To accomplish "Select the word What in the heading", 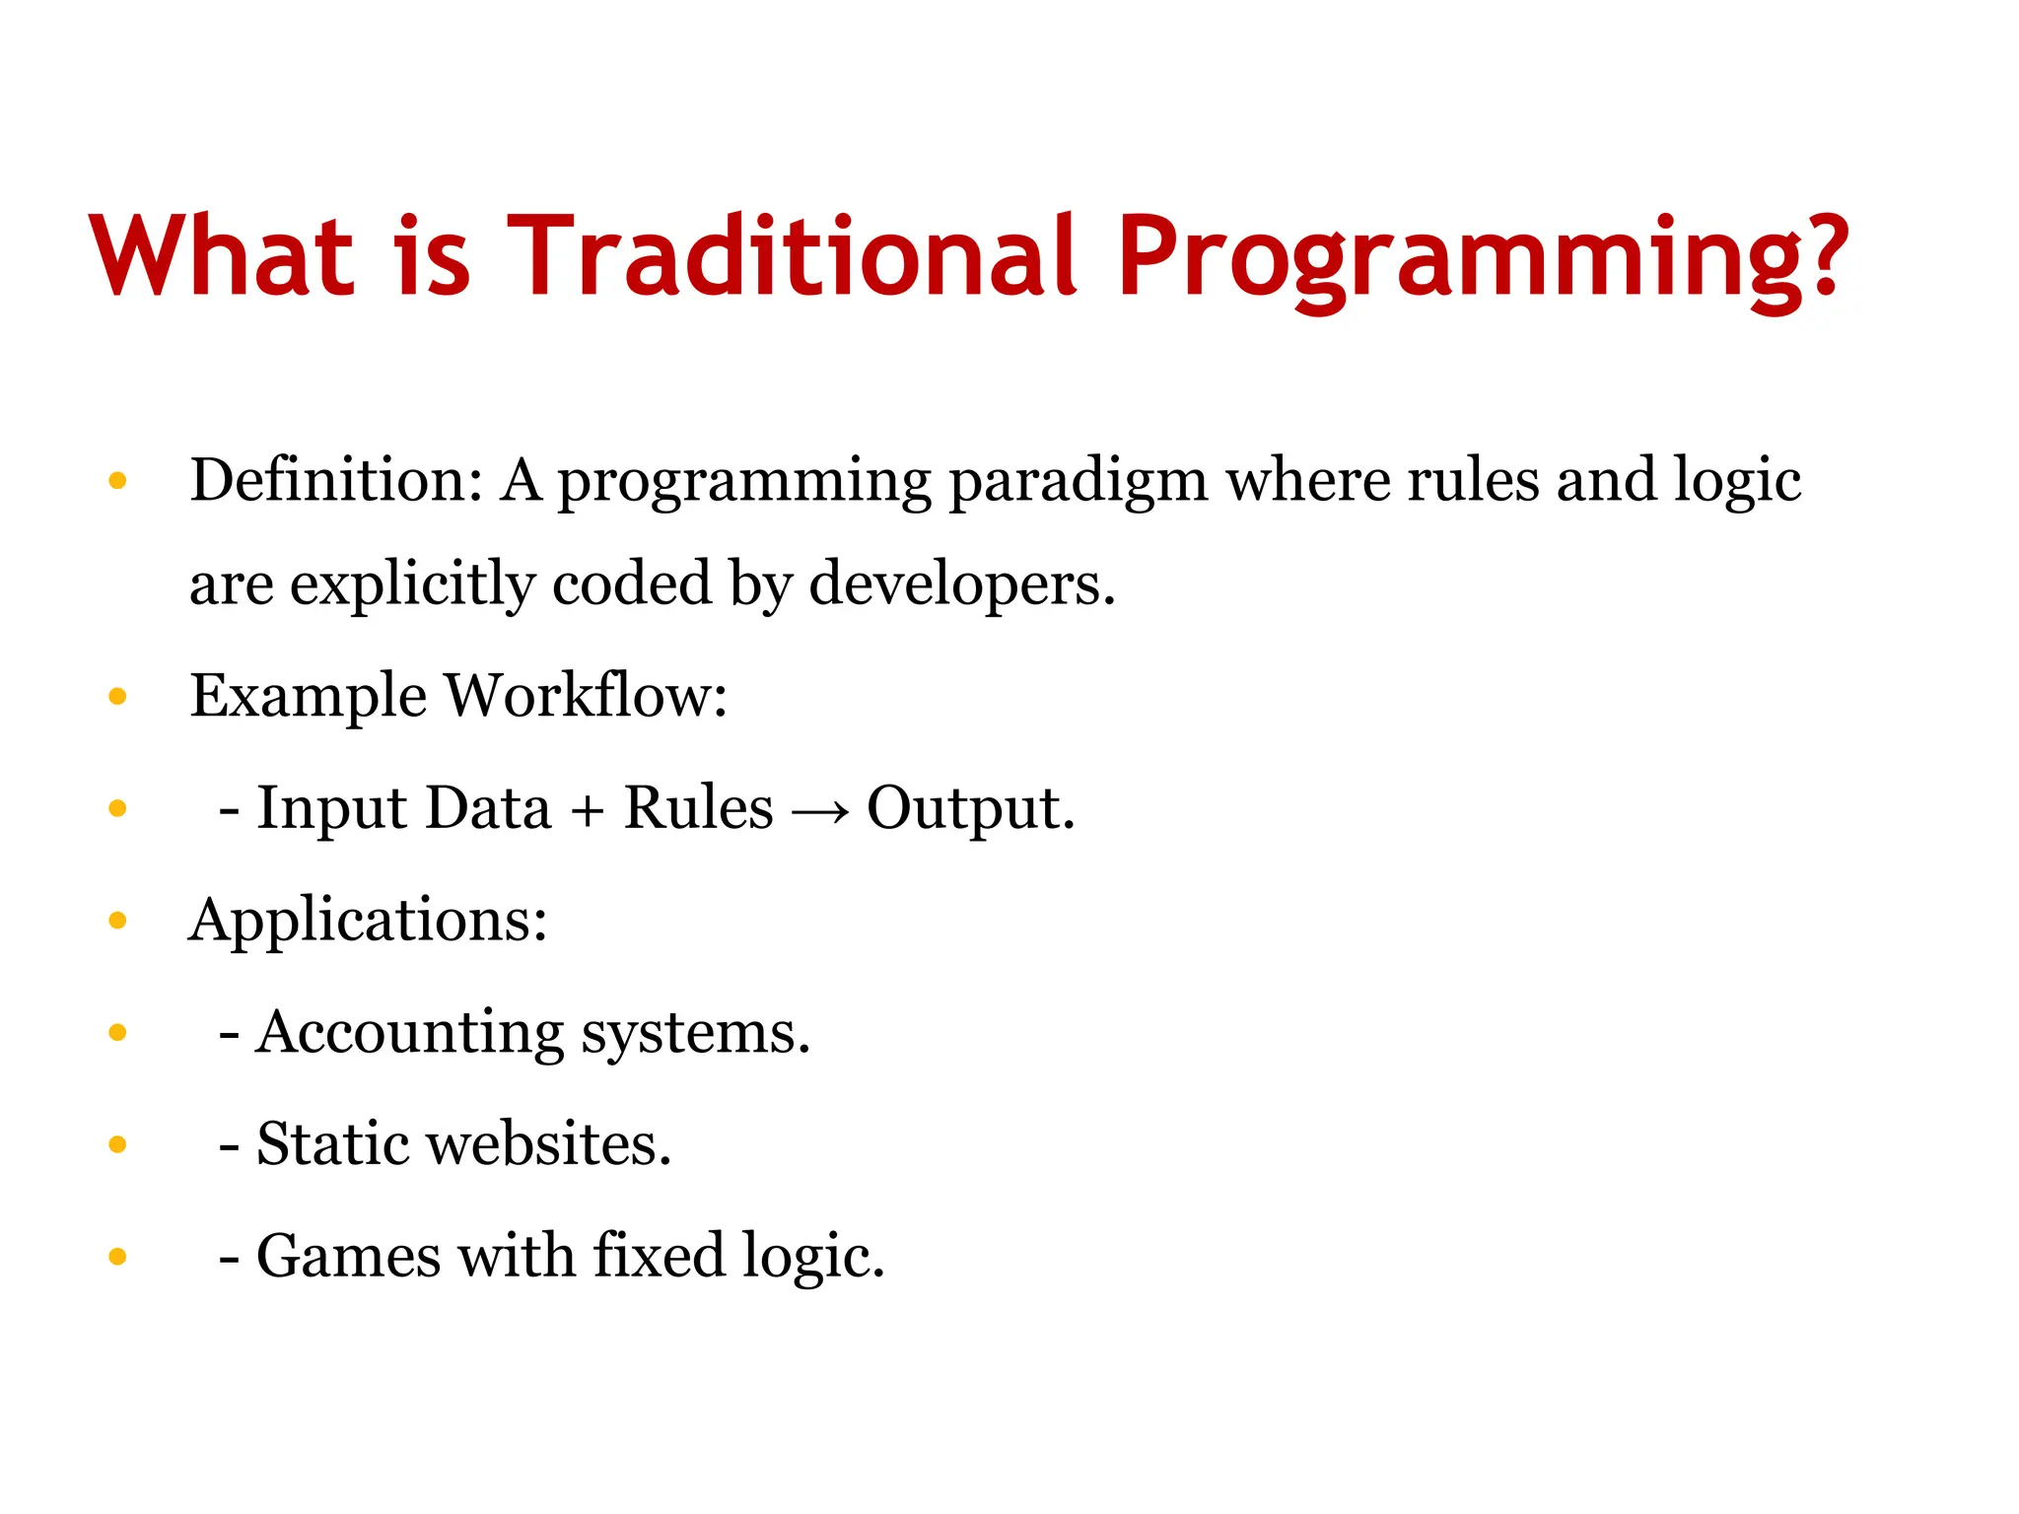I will coord(221,256).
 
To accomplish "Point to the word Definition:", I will coord(336,481).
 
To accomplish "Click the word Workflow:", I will coord(586,696).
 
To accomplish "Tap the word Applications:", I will coord(368,922).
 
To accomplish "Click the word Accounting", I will coord(409,1034).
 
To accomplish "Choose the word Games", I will coord(348,1257).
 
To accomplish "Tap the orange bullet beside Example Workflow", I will coord(117,697).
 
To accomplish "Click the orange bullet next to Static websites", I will coord(117,1144).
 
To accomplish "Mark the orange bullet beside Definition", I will coord(117,481).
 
